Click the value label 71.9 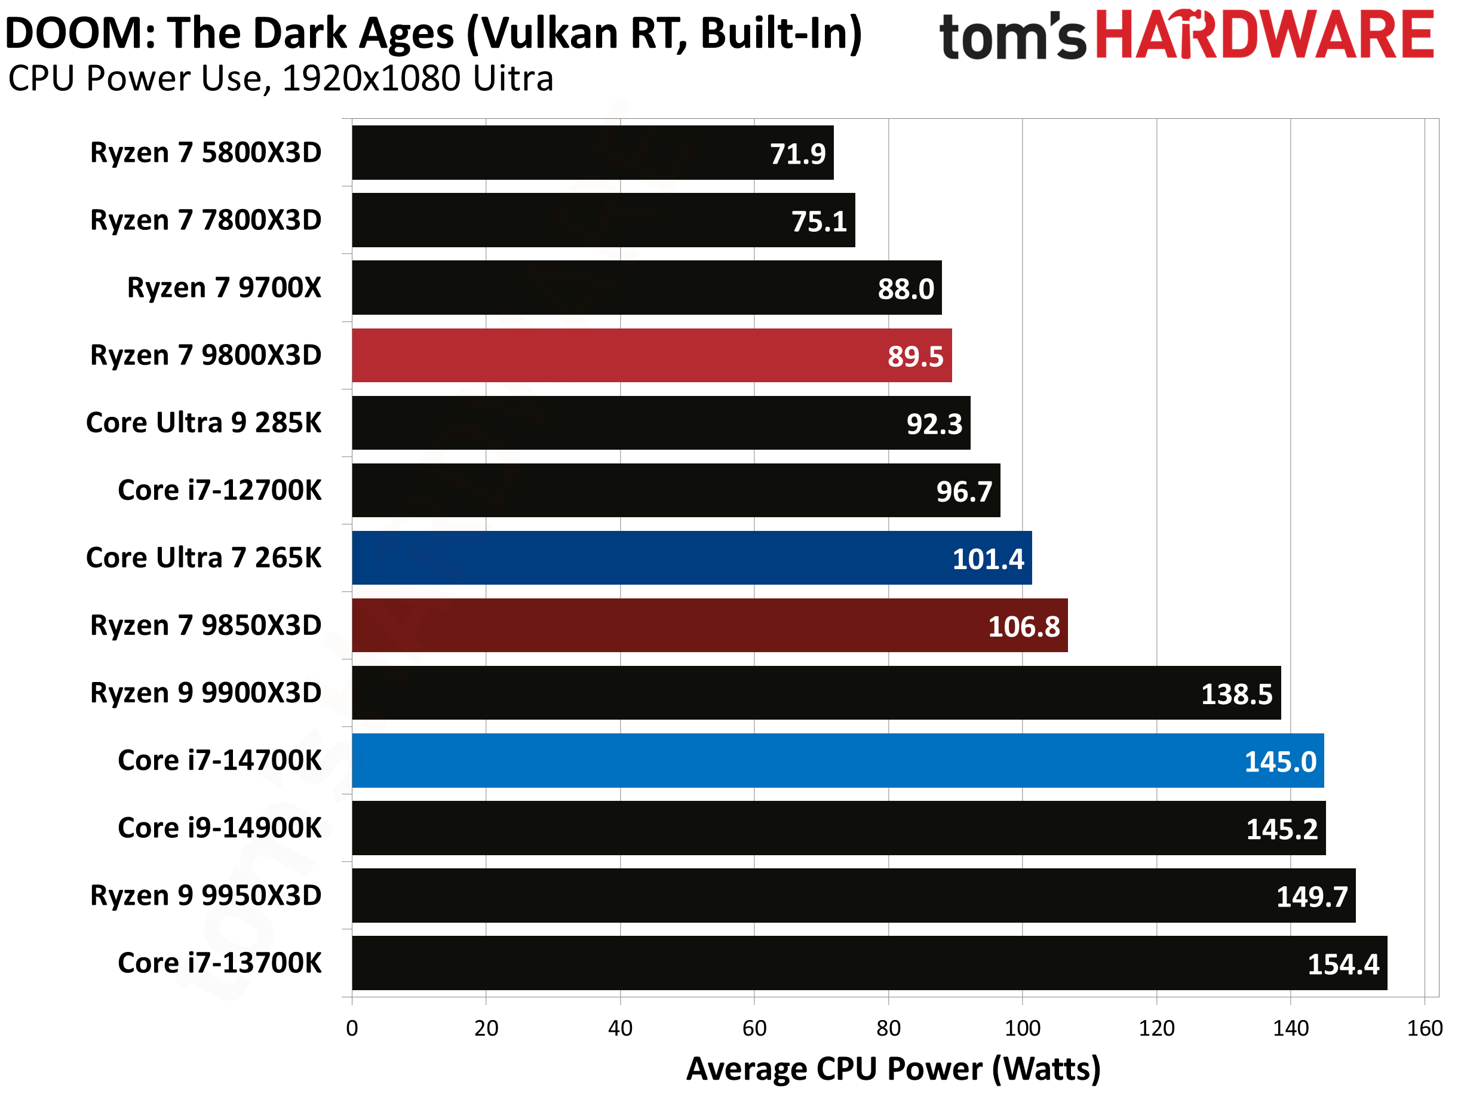(797, 154)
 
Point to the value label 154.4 (1343, 964)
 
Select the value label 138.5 (1236, 695)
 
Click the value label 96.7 (963, 492)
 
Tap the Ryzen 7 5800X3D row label (206, 153)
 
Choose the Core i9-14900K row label (220, 828)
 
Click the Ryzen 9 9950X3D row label (206, 896)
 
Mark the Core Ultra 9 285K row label (204, 423)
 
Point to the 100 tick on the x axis (1022, 1028)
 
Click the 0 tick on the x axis (352, 1028)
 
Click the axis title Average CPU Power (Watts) (894, 1069)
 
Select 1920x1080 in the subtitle (371, 79)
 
